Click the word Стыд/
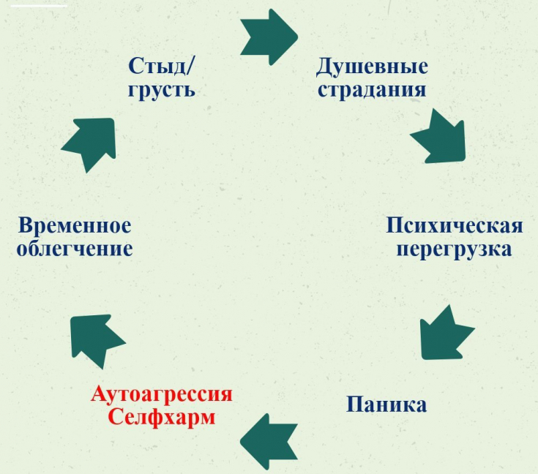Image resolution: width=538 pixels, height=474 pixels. coord(161,66)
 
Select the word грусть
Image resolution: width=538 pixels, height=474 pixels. coord(162,91)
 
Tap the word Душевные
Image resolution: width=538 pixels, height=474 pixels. coord(372,67)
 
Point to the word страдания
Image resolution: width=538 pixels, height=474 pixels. coord(372,90)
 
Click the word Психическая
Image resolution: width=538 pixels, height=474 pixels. coord(455,225)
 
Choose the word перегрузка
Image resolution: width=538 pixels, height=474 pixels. coord(455,249)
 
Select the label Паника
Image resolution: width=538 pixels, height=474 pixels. coord(386,405)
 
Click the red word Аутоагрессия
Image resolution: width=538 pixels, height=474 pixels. coord(162,394)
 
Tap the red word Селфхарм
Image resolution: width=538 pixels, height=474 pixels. coord(162,417)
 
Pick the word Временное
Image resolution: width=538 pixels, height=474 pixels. coord(75,225)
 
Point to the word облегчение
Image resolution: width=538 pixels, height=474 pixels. coord(75,249)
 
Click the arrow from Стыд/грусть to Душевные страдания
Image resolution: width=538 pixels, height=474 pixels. coord(269,37)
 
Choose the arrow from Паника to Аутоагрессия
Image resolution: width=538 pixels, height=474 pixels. coord(269,442)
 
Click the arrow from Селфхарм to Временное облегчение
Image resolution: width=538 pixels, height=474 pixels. coord(94,339)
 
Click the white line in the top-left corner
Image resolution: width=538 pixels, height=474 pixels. coord(39,6)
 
